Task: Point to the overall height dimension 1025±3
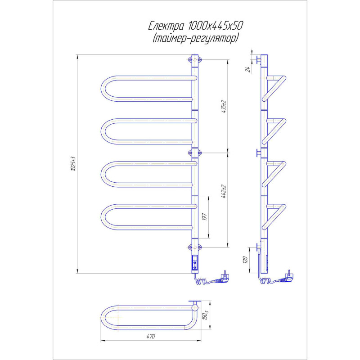tap(72, 164)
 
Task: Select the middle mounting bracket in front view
tap(194, 153)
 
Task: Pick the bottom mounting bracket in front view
tap(194, 247)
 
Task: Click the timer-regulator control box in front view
tap(195, 263)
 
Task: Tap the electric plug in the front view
tap(223, 275)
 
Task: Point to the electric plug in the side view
tap(288, 275)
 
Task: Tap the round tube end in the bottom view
tap(195, 308)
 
